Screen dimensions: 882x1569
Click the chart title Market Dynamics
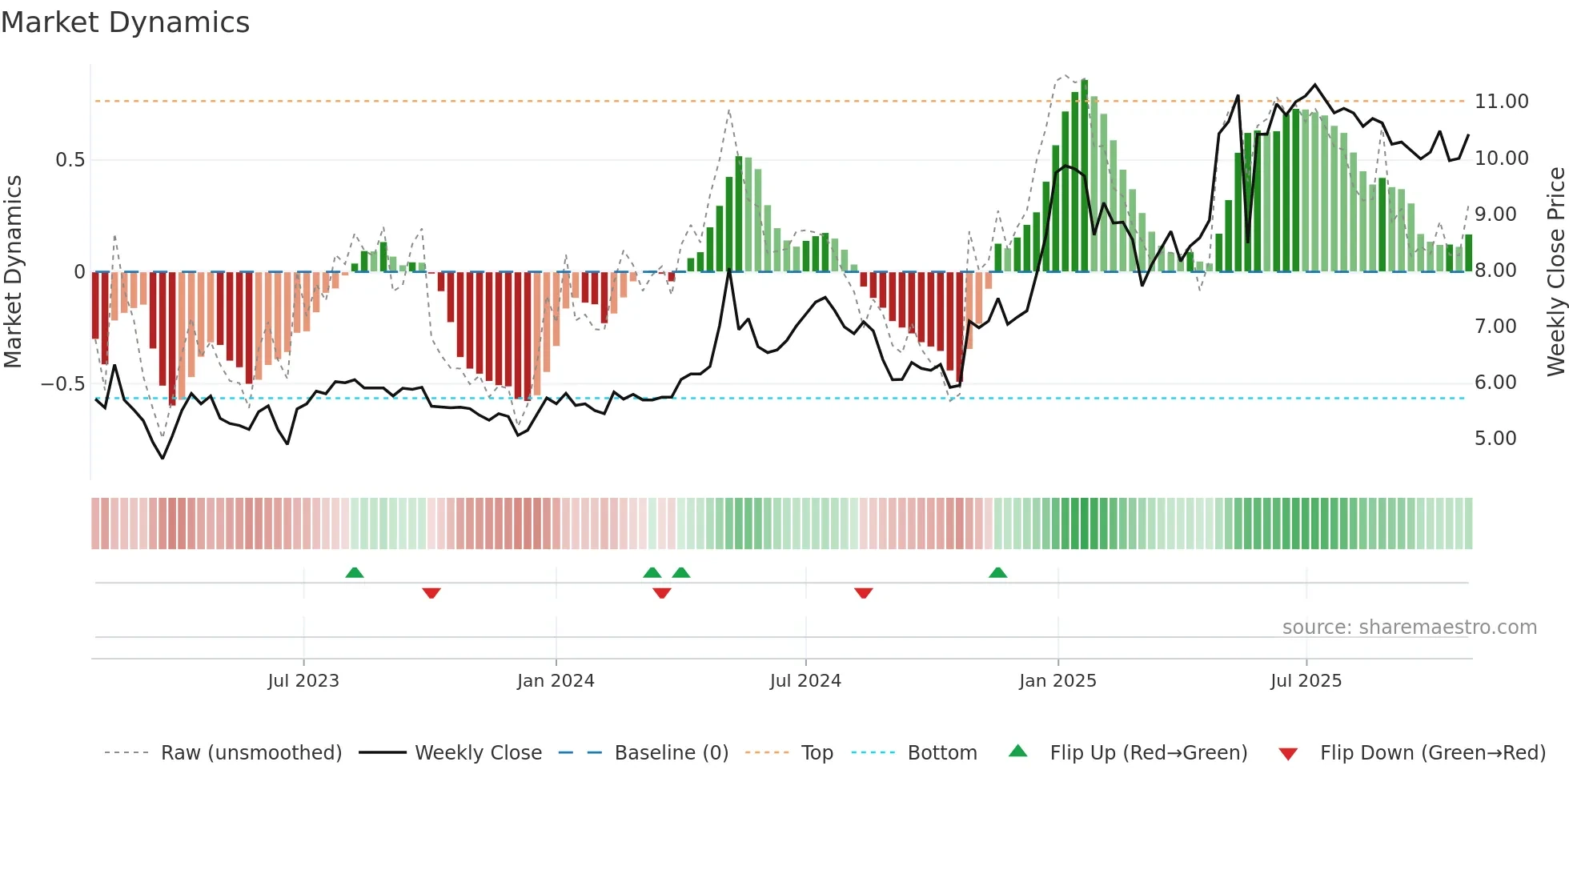tap(125, 22)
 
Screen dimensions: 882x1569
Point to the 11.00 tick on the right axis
tap(1501, 102)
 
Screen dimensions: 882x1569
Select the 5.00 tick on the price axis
tap(1495, 439)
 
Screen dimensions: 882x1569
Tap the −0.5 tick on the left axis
tap(62, 384)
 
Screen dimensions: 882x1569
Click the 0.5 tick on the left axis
tap(70, 160)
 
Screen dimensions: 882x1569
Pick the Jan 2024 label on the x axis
tap(556, 681)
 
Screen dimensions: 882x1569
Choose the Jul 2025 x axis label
tap(1306, 681)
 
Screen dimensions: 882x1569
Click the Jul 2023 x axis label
tap(303, 681)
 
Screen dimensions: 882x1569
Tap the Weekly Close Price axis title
tap(1555, 271)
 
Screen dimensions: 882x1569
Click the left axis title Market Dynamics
tap(13, 271)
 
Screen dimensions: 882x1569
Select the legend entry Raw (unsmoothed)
tap(251, 753)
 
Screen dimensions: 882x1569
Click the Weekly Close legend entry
tap(478, 753)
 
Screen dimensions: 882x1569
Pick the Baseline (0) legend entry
tap(671, 753)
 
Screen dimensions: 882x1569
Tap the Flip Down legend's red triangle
tap(1288, 754)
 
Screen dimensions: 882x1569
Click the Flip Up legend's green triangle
tap(1017, 751)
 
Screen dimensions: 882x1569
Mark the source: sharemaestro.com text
tap(1409, 627)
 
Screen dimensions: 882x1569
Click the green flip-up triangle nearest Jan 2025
tap(997, 573)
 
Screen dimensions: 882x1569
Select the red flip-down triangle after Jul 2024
tap(863, 593)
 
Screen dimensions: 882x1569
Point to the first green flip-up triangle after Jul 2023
tap(354, 573)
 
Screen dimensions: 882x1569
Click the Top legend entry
tap(817, 753)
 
